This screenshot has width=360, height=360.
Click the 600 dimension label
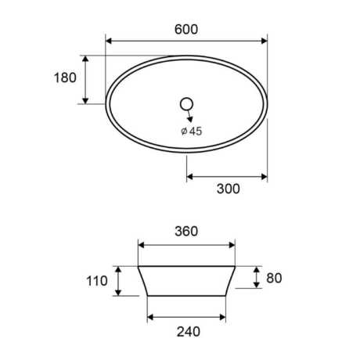[x=186, y=29]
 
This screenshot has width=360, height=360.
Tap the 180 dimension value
[x=65, y=77]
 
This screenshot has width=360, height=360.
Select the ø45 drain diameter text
[x=192, y=131]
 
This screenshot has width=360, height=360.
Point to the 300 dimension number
[x=228, y=189]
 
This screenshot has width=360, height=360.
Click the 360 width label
[x=186, y=232]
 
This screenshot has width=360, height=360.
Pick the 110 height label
[x=97, y=281]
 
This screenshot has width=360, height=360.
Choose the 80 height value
[x=274, y=278]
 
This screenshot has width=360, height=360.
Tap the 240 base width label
[x=189, y=332]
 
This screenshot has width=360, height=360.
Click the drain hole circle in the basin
[x=186, y=104]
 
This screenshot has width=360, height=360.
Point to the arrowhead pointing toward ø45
[x=190, y=119]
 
